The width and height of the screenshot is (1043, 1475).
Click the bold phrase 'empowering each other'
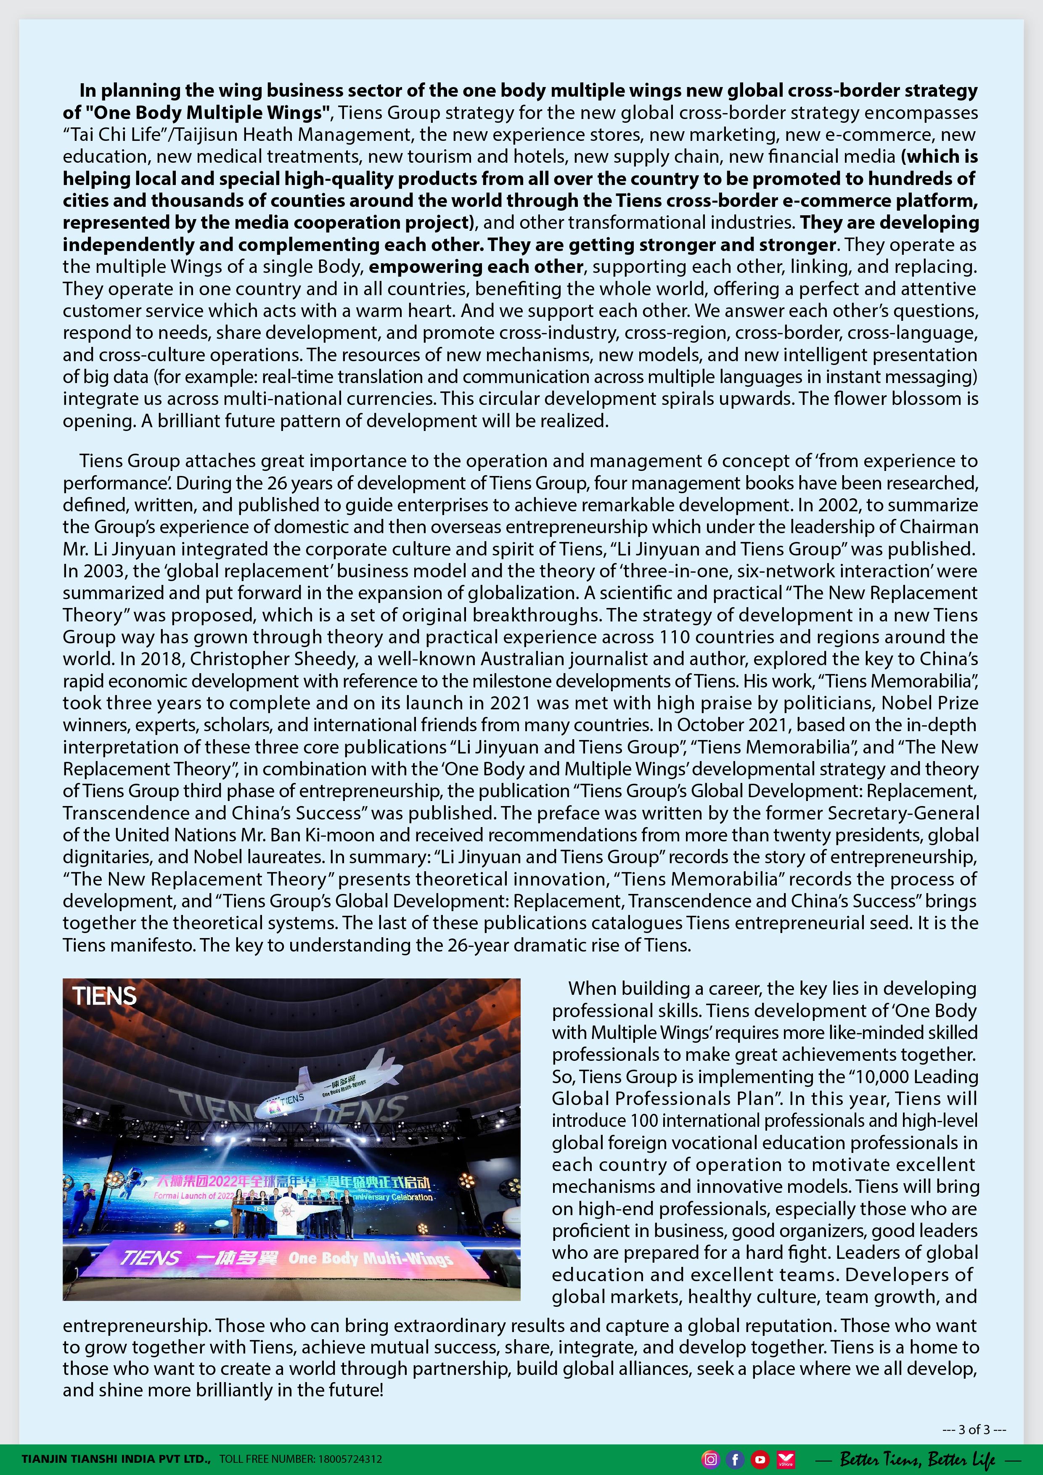tap(476, 267)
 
